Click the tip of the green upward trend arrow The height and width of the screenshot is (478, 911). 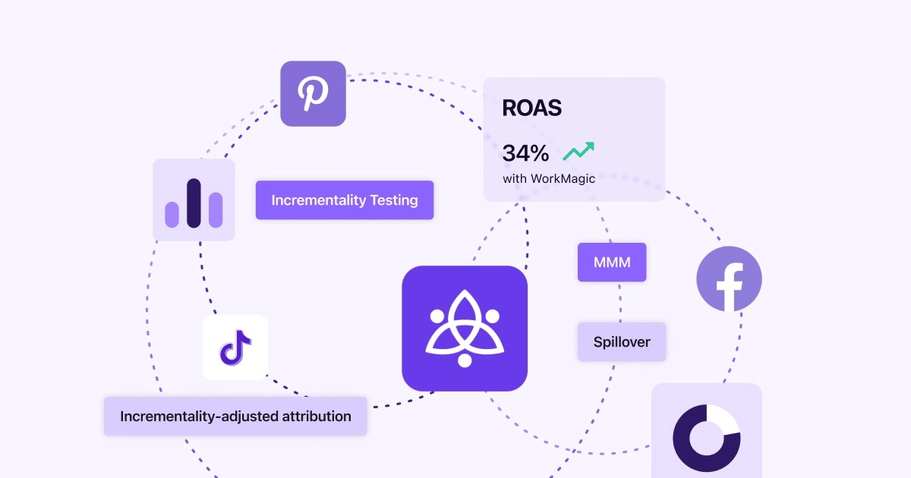[x=594, y=143]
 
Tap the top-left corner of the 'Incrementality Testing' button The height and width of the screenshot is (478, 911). [x=256, y=181]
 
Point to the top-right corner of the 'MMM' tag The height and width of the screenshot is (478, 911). [x=646, y=243]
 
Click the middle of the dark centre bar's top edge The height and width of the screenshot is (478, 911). [x=194, y=179]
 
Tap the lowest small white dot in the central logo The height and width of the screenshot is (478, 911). [x=465, y=360]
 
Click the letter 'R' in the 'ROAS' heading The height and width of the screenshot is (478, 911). [x=509, y=108]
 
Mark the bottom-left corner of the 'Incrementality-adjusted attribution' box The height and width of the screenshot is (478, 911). [x=104, y=436]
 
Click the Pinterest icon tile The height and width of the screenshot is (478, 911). [x=313, y=93]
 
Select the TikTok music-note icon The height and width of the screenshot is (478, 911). [x=235, y=347]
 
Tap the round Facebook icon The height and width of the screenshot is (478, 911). [x=729, y=279]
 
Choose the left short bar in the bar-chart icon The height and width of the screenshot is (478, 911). [x=172, y=215]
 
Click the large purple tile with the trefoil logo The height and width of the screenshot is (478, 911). [x=465, y=329]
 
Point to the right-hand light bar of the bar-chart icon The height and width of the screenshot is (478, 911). [x=216, y=209]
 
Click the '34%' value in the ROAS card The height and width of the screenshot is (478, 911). [x=525, y=153]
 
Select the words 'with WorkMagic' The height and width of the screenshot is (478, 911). [x=549, y=178]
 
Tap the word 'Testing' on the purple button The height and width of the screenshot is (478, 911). [x=394, y=200]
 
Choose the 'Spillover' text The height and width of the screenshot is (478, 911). [x=622, y=342]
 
